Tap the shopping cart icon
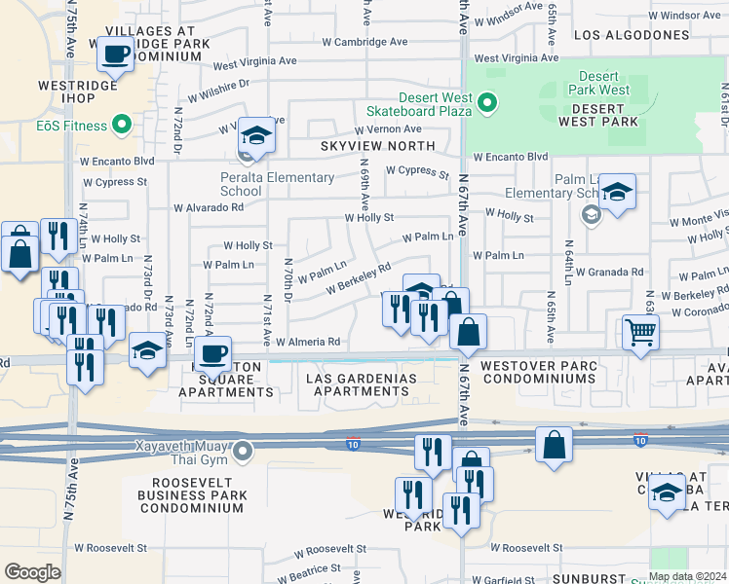[x=640, y=332]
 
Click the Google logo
[x=32, y=572]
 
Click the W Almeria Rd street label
[x=307, y=343]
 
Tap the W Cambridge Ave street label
[x=364, y=43]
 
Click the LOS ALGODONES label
[x=632, y=35]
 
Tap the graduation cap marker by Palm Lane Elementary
[x=616, y=191]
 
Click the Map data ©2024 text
[x=688, y=576]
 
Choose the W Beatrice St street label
[x=306, y=568]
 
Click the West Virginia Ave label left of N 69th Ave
[x=254, y=61]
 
